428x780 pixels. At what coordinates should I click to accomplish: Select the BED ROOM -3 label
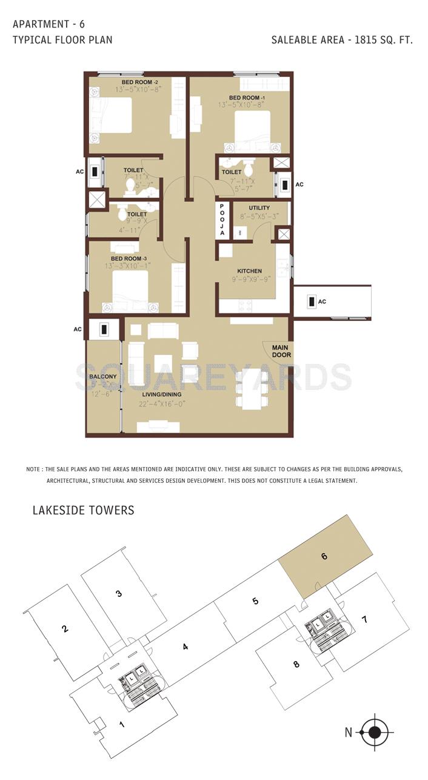click(129, 258)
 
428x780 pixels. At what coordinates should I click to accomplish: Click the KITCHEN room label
click(249, 271)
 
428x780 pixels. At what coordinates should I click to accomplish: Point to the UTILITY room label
click(259, 208)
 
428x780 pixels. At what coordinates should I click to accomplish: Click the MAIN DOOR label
click(281, 351)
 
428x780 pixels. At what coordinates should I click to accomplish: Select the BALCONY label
click(102, 377)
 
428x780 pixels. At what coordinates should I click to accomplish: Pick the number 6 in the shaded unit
click(324, 556)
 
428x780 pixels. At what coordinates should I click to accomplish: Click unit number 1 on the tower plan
click(122, 724)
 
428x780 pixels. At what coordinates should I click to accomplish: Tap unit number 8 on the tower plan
click(296, 664)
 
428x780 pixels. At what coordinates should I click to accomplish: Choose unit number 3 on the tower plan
click(119, 593)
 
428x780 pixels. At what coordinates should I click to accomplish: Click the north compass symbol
click(375, 733)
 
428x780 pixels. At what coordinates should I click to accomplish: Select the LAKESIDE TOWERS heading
click(83, 510)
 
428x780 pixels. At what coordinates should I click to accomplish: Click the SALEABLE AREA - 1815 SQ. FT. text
click(342, 41)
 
